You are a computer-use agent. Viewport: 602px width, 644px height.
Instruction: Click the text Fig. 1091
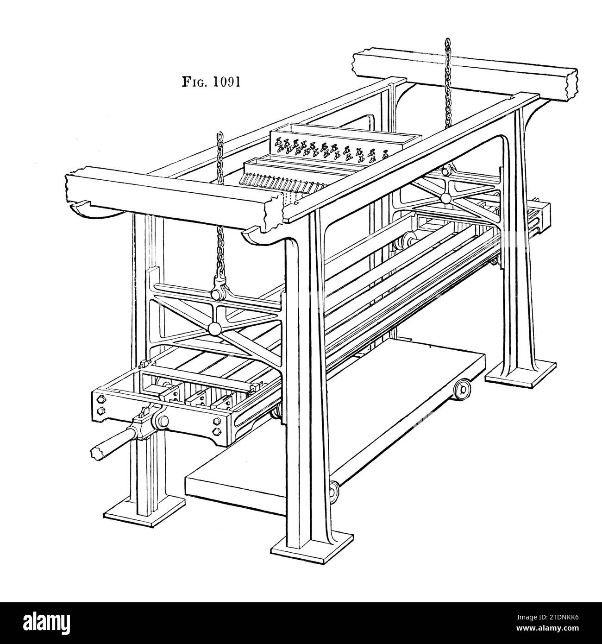211,82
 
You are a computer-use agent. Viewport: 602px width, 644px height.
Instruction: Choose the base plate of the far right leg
520,373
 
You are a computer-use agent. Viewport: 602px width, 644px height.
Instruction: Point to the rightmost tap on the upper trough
385,154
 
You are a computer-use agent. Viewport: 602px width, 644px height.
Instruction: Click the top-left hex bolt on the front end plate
100,398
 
